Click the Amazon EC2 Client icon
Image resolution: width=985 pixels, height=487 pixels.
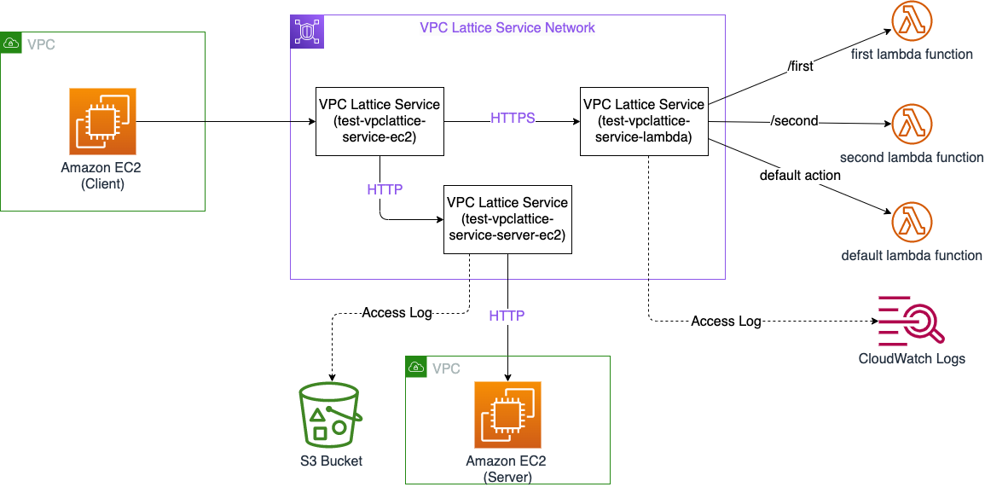(x=102, y=121)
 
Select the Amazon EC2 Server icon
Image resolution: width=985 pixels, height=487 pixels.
(x=508, y=415)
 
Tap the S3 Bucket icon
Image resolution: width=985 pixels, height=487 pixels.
(x=330, y=415)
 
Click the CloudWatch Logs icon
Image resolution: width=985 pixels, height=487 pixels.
(x=912, y=321)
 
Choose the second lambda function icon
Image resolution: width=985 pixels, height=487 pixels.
(x=912, y=125)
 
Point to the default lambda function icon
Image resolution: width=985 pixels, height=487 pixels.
(x=912, y=223)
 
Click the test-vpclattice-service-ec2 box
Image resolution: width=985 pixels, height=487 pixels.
(x=380, y=120)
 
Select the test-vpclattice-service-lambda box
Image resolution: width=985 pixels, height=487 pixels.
(x=644, y=120)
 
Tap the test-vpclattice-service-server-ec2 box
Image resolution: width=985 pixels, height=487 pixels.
(x=507, y=219)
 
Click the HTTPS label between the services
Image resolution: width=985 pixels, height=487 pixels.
(x=513, y=118)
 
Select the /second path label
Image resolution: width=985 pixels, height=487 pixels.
(x=794, y=121)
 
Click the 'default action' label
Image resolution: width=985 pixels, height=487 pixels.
(x=800, y=175)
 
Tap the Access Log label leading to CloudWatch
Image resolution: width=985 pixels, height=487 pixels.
(x=726, y=321)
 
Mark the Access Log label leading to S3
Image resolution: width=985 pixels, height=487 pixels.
(x=397, y=312)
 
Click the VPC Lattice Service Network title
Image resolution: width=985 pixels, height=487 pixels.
(x=507, y=27)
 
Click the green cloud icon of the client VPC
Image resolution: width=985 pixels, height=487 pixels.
(x=12, y=43)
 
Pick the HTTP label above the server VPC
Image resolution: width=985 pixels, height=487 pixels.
(x=507, y=316)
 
